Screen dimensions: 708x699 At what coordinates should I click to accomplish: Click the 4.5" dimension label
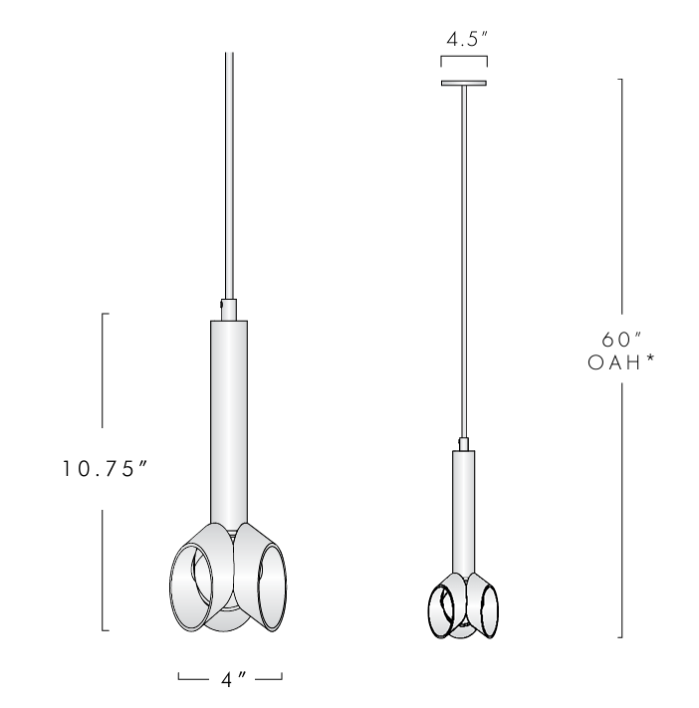[x=464, y=41]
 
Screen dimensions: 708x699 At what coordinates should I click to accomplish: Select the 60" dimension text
[x=620, y=341]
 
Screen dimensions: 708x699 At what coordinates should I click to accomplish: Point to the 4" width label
[x=229, y=680]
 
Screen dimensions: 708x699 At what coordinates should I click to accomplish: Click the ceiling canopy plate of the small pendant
[x=464, y=83]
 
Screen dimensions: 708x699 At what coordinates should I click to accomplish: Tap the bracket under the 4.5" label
[x=464, y=63]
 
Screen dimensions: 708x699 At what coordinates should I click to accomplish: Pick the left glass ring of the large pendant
[x=188, y=589]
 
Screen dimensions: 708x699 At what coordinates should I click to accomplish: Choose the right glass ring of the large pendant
[x=271, y=588]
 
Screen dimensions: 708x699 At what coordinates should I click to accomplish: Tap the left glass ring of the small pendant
[x=440, y=609]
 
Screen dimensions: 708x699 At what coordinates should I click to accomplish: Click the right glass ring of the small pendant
[x=488, y=609]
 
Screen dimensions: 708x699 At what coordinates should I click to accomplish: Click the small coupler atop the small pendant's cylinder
[x=464, y=443]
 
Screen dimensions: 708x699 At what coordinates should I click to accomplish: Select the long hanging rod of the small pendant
[x=464, y=259]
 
